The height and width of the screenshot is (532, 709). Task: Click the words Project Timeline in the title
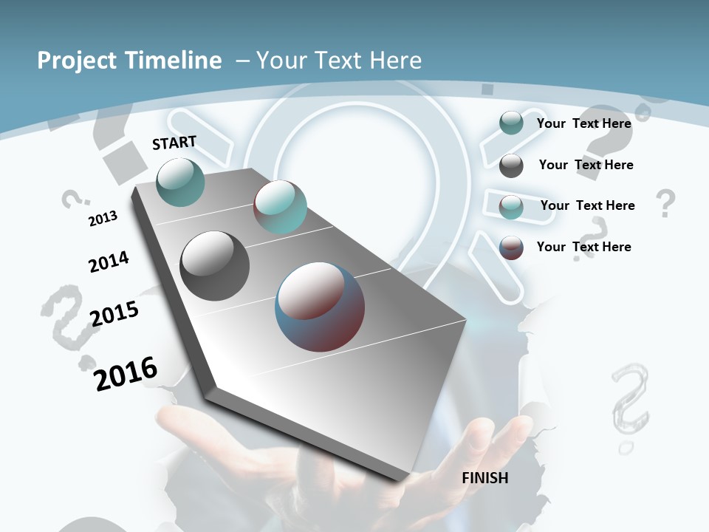[x=129, y=61]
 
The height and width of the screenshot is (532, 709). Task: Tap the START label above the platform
[x=174, y=143]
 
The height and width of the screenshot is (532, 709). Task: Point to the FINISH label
[x=485, y=478]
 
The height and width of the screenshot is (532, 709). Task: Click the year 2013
[x=103, y=219]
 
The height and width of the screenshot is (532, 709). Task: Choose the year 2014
[x=109, y=262]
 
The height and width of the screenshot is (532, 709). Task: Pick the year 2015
[x=114, y=314]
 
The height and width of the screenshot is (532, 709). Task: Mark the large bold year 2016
[x=126, y=374]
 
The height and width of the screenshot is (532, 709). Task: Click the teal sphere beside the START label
[x=181, y=182]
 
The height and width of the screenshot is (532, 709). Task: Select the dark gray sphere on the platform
[x=215, y=266]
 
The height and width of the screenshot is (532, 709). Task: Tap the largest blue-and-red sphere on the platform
[x=320, y=307]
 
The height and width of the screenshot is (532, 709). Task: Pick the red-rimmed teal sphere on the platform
[x=280, y=207]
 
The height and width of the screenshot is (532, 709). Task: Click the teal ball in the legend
[x=511, y=123]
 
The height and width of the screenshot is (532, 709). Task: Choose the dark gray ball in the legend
[x=511, y=166]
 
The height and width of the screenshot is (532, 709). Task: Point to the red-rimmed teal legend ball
[x=511, y=207]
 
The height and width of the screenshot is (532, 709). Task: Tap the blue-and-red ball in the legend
[x=511, y=248]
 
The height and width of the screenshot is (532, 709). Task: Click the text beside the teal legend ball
[x=584, y=123]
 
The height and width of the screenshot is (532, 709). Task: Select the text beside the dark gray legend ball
[x=586, y=165]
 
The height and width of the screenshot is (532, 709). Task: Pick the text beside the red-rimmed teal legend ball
[x=588, y=205]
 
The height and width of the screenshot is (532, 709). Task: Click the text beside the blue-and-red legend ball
[x=584, y=247]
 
